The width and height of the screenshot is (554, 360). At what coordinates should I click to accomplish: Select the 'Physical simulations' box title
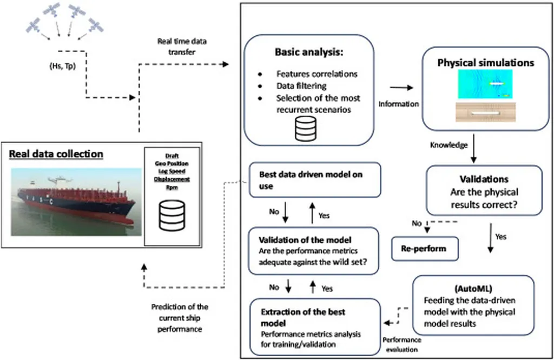click(485, 62)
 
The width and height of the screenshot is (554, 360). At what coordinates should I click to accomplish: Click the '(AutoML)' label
click(473, 286)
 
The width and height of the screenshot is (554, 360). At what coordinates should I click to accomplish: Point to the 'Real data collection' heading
click(56, 154)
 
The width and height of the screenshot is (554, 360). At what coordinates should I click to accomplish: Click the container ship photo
click(75, 201)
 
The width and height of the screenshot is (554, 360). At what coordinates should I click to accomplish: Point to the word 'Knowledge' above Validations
click(449, 145)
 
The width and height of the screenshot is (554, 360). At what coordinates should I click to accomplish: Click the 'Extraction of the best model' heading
click(303, 317)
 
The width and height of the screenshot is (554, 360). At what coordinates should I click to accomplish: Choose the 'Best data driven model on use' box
click(313, 179)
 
